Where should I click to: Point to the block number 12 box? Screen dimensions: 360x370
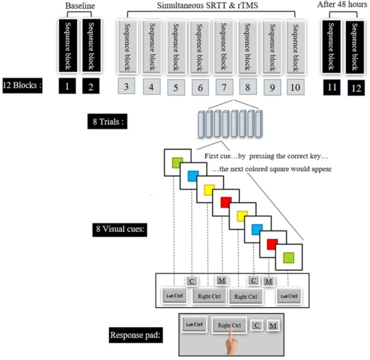[355, 87]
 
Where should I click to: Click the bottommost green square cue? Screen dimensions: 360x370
[289, 255]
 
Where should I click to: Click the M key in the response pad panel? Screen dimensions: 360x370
[273, 325]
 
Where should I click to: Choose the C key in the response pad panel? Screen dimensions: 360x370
[258, 325]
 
